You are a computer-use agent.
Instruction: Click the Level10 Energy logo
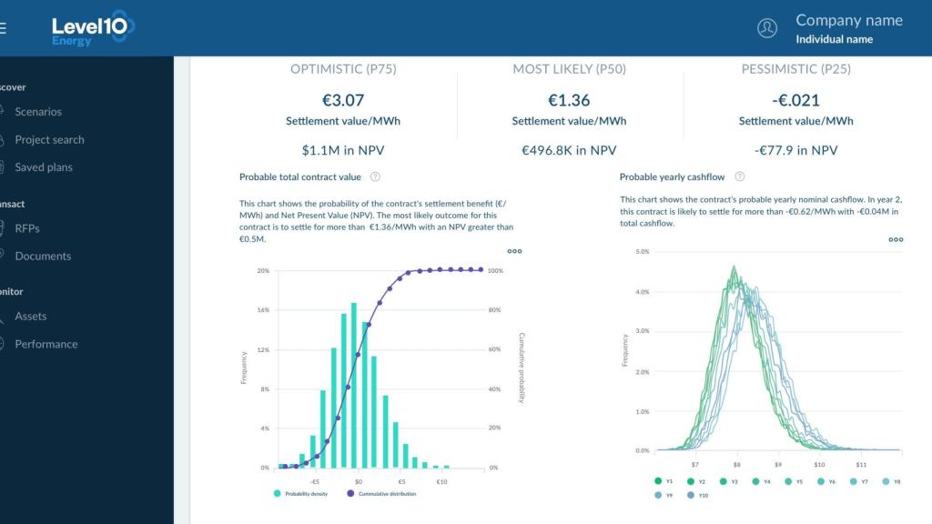[92, 27]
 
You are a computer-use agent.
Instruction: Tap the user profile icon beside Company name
[767, 28]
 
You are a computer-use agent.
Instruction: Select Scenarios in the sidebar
[38, 112]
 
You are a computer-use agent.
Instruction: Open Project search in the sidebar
[49, 140]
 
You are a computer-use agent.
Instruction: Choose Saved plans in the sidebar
[44, 167]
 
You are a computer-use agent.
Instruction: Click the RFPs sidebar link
[27, 228]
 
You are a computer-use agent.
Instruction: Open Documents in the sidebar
[43, 257]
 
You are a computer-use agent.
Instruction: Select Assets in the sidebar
[30, 317]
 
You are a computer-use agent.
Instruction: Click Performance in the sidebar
[46, 344]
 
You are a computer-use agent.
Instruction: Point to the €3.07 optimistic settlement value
[343, 100]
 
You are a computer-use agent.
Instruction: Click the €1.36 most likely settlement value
[569, 100]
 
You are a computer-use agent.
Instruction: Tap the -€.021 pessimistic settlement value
[795, 100]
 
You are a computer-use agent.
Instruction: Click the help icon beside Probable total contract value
[375, 177]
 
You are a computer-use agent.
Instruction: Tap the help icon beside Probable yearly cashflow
[740, 177]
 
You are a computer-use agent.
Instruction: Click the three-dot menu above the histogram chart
[515, 251]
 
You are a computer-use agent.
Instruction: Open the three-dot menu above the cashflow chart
[896, 240]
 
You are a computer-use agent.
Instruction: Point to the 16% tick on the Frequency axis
[263, 310]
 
